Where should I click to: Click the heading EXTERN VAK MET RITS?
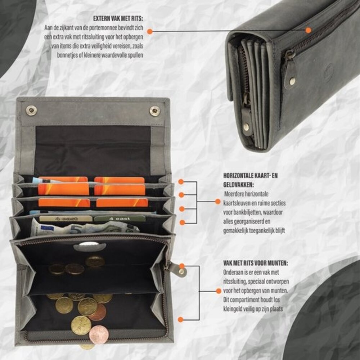point(118,19)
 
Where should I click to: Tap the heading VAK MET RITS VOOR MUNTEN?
point(256,263)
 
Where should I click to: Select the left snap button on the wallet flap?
point(31,111)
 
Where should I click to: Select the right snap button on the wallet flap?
point(155,111)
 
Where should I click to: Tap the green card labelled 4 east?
point(120,219)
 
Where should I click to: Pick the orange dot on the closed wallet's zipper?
point(309,30)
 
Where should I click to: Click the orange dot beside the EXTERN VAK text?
point(150,31)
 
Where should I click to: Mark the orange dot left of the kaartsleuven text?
point(218,202)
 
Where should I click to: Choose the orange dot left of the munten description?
point(219,291)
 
